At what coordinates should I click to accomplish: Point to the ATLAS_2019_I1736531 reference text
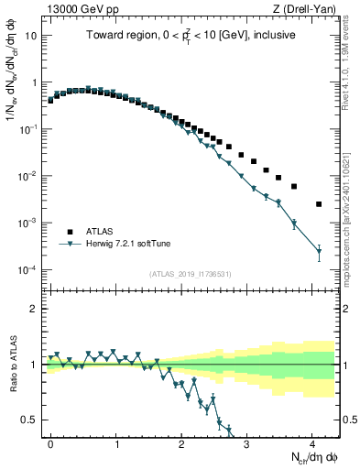pyautogui.click(x=191, y=274)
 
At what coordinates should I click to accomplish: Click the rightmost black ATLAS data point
pyautogui.click(x=319, y=204)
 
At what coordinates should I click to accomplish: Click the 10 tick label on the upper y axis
pyautogui.click(x=31, y=35)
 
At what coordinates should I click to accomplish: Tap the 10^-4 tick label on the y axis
pyautogui.click(x=28, y=270)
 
